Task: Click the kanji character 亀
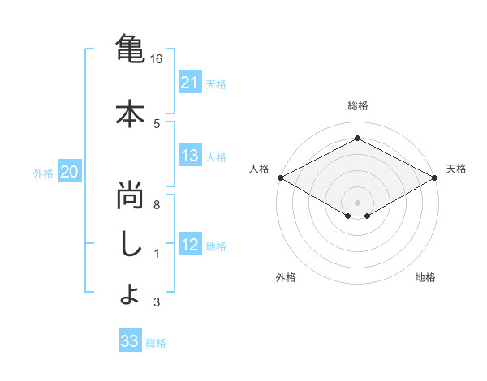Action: point(129,49)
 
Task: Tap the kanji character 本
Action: point(129,113)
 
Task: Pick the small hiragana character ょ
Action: point(129,295)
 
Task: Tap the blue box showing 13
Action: point(189,156)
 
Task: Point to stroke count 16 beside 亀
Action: point(156,59)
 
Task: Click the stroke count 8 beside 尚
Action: point(156,205)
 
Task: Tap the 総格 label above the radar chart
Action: point(357,105)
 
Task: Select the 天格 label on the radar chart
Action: point(457,169)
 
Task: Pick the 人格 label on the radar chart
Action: point(259,169)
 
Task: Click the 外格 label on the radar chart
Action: point(286,277)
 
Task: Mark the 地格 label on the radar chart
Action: point(425,277)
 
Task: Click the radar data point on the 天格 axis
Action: point(436,178)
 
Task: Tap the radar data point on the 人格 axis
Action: point(280,178)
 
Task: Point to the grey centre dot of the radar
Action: point(357,202)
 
